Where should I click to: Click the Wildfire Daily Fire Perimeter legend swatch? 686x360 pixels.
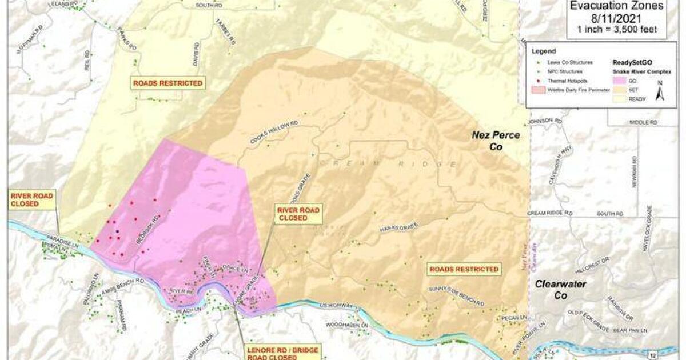pyautogui.click(x=539, y=90)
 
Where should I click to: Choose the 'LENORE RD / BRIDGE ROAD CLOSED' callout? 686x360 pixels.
pyautogui.click(x=276, y=352)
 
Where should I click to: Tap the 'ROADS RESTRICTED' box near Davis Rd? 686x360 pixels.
pyautogui.click(x=167, y=83)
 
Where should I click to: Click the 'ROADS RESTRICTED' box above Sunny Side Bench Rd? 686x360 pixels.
pyautogui.click(x=462, y=269)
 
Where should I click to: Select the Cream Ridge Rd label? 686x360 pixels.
pyautogui.click(x=550, y=213)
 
